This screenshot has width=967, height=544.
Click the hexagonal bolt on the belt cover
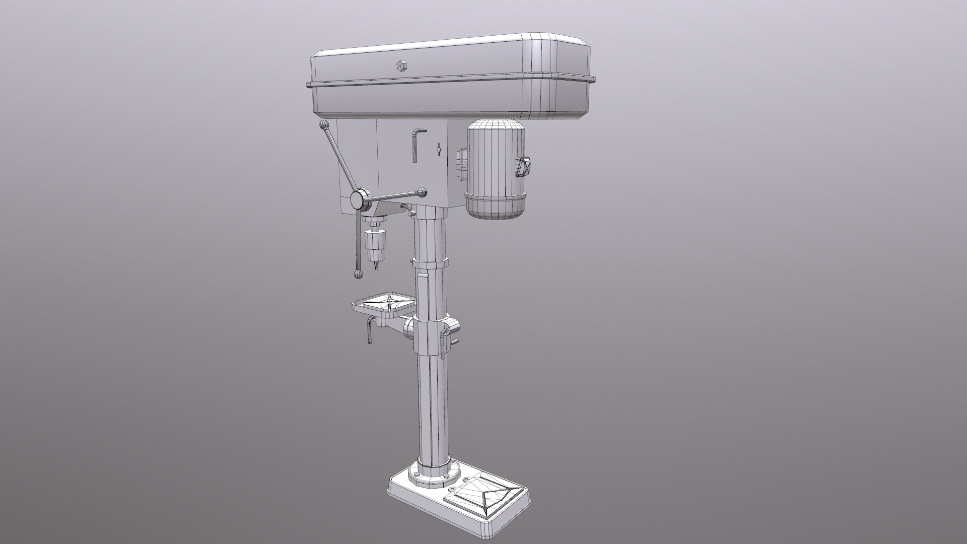coord(401,65)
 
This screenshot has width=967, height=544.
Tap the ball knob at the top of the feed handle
coord(323,125)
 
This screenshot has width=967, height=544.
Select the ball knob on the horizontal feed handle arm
coord(422,191)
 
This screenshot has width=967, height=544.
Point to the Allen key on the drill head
coord(416,144)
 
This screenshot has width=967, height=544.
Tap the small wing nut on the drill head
coord(439,149)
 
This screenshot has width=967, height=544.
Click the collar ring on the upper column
coord(429,263)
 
